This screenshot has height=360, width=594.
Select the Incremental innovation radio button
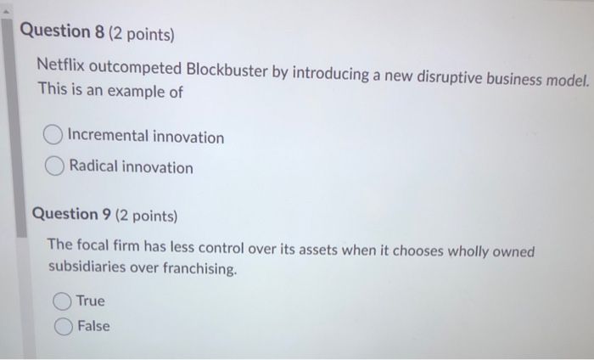[53, 136]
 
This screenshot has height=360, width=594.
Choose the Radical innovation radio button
[55, 167]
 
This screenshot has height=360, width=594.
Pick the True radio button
[62, 301]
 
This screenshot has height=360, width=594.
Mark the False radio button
[64, 326]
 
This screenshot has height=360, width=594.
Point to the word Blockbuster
[226, 70]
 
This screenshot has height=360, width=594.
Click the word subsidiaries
[87, 269]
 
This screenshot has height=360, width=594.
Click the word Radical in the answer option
[93, 167]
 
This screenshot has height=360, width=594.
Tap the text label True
[91, 301]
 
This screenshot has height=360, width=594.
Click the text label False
[93, 326]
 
